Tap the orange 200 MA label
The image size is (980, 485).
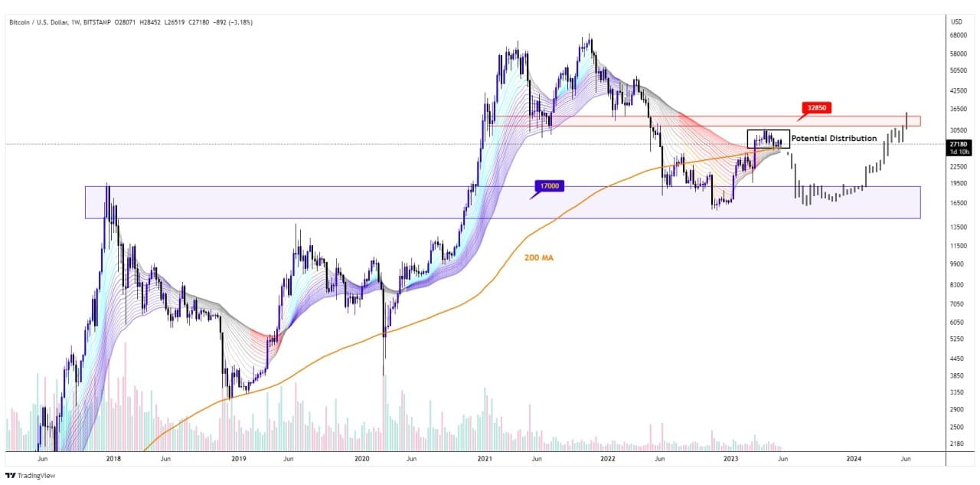click(538, 258)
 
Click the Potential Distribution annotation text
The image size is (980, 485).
click(834, 138)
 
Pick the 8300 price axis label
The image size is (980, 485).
click(957, 284)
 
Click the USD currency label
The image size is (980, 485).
click(957, 21)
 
